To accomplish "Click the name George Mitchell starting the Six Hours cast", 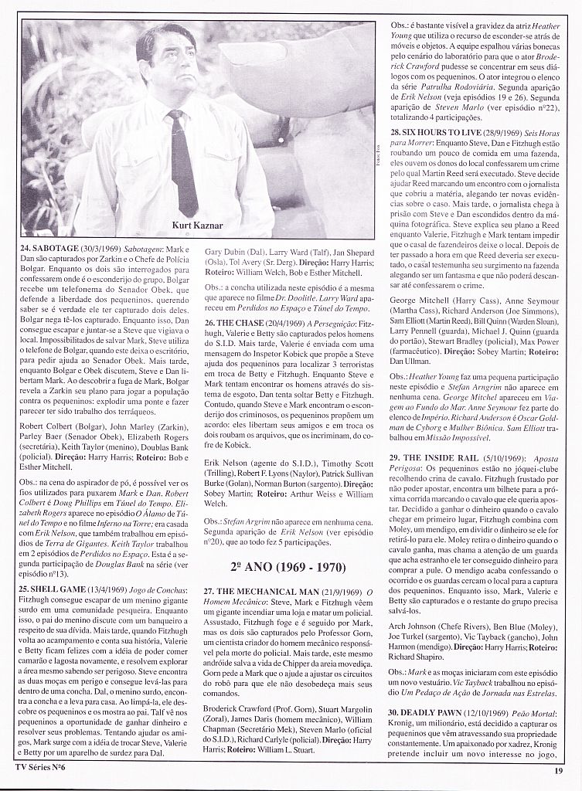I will [x=419, y=297].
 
